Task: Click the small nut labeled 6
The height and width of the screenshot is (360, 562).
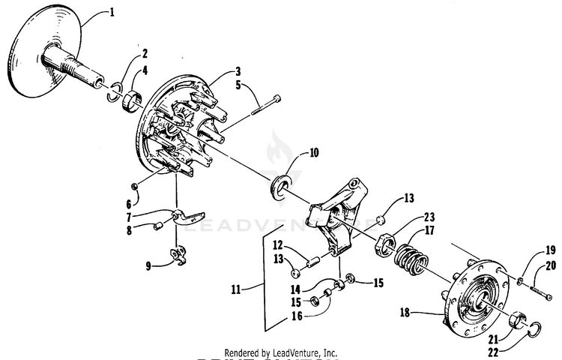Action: (133, 185)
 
